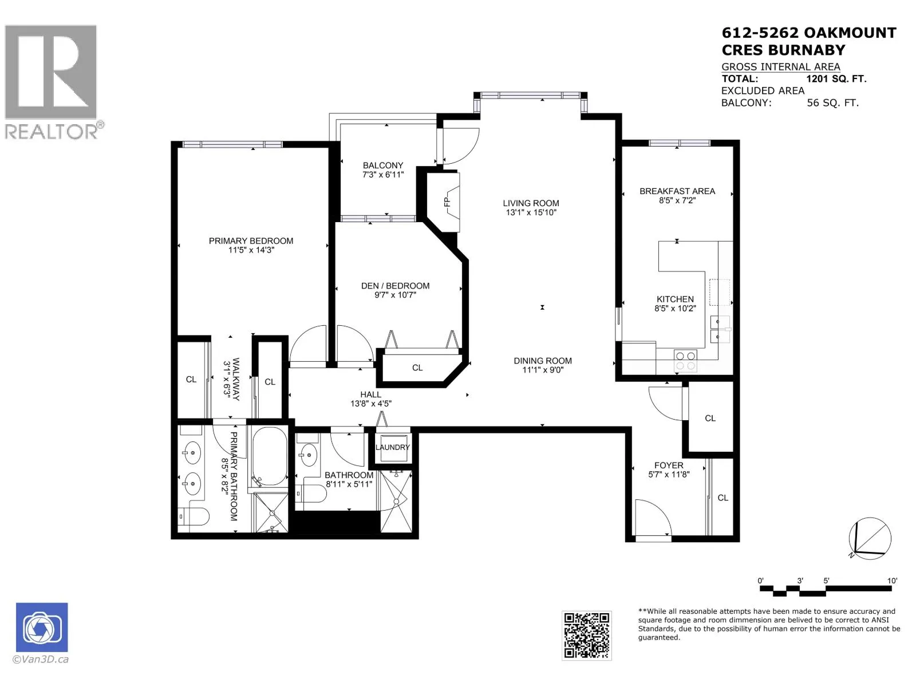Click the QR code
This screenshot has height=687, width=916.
tap(586, 635)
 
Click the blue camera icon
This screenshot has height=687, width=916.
tap(42, 627)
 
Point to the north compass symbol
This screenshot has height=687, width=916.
tap(870, 538)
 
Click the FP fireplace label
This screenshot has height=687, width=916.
tap(447, 202)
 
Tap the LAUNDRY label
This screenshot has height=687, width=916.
tap(392, 448)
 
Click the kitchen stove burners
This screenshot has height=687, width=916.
tap(686, 361)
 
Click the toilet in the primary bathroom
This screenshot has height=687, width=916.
tap(195, 516)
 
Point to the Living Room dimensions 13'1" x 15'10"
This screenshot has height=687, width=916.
tap(531, 213)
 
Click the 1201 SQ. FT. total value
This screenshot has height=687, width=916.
tap(836, 79)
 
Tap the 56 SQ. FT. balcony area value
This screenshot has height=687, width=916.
tap(832, 103)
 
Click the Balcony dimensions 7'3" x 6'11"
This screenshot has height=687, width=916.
tap(383, 175)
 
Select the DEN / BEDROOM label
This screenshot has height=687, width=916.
tap(395, 286)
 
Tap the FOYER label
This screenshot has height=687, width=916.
tap(669, 465)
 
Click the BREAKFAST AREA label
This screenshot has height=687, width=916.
tap(677, 191)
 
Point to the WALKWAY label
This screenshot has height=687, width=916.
tap(236, 379)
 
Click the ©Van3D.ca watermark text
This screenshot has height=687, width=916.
tap(41, 660)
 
